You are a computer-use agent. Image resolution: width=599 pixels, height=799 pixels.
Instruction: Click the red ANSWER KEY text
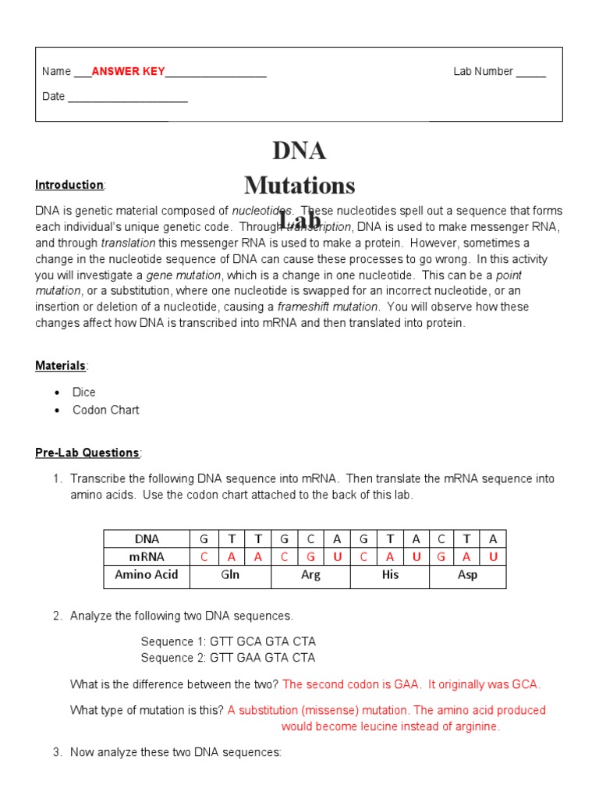(x=128, y=72)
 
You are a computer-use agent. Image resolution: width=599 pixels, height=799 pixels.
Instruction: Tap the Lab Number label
(x=483, y=72)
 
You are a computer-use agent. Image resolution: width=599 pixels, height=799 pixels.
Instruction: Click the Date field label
(x=54, y=97)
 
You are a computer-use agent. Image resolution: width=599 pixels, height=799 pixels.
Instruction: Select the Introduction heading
(x=69, y=185)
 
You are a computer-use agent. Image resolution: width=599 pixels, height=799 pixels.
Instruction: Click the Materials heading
(x=61, y=365)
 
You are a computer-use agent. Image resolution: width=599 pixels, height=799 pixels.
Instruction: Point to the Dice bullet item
(x=84, y=392)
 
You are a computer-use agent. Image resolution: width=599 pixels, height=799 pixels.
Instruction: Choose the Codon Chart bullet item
(x=106, y=410)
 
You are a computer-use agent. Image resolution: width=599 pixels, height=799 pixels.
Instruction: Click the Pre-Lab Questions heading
(x=87, y=453)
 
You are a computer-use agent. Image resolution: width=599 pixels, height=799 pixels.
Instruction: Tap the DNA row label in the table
(x=147, y=538)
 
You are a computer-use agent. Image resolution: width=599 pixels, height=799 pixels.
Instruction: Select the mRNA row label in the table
(x=147, y=556)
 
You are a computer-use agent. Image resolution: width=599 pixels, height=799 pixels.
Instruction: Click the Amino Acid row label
(x=147, y=575)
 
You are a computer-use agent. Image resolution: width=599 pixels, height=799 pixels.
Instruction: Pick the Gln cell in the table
(x=230, y=575)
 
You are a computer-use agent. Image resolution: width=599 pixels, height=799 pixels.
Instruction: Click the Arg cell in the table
(x=310, y=575)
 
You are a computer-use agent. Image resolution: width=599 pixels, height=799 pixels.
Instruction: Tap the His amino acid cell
(x=390, y=575)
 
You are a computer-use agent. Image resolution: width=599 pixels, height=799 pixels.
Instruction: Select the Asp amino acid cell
(x=467, y=575)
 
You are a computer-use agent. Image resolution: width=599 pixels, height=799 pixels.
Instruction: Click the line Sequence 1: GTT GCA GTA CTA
(x=228, y=641)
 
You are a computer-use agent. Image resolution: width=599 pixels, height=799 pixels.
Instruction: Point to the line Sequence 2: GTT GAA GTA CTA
(x=228, y=658)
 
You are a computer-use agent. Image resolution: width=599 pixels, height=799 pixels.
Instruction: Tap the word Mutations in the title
(x=299, y=186)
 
